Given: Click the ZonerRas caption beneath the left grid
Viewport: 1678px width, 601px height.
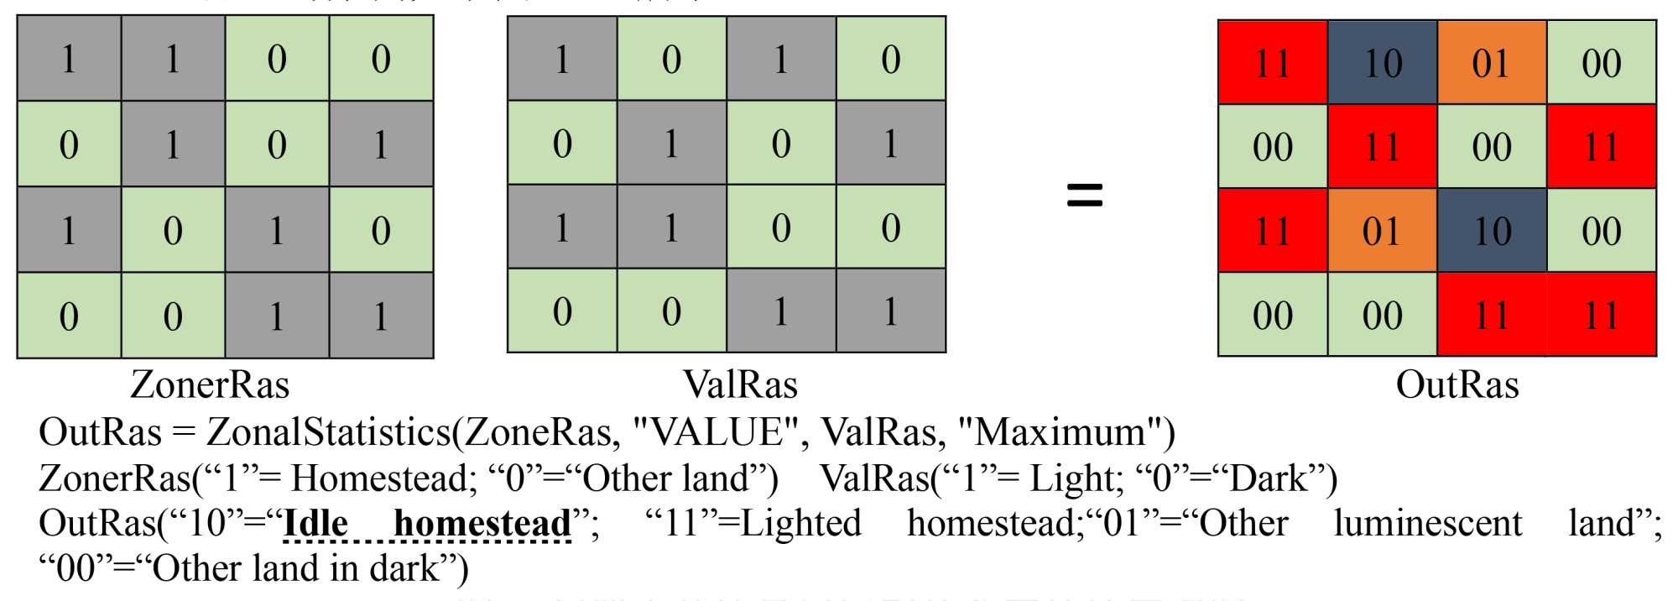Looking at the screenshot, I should pyautogui.click(x=210, y=384).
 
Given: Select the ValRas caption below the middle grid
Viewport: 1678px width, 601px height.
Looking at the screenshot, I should pyautogui.click(x=740, y=384).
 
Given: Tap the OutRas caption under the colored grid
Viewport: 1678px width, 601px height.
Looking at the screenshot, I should pyautogui.click(x=1457, y=384).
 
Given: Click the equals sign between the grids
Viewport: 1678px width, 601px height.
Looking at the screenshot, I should pyautogui.click(x=1084, y=195).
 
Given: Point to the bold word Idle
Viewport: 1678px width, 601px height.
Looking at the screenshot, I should pyautogui.click(x=315, y=524).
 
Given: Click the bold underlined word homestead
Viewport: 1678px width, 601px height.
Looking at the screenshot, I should pyautogui.click(x=482, y=524).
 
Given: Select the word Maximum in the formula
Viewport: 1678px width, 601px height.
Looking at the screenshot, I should pyautogui.click(x=1061, y=432).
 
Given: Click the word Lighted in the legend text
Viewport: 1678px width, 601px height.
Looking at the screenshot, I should pyautogui.click(x=800, y=524).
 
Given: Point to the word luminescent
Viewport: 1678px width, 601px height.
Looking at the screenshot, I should pyautogui.click(x=1427, y=524).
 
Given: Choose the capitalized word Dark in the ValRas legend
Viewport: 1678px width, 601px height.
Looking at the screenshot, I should pyautogui.click(x=1272, y=478).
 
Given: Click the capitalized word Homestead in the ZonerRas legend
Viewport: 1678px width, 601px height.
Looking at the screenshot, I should pyautogui.click(x=382, y=478).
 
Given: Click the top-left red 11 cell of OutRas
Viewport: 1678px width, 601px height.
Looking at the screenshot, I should pyautogui.click(x=1272, y=63).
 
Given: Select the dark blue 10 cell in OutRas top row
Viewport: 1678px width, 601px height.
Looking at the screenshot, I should pyautogui.click(x=1382, y=63).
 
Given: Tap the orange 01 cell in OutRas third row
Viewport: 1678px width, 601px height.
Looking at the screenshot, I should pyautogui.click(x=1382, y=231).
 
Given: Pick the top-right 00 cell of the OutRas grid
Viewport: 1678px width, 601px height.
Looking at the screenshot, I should pyautogui.click(x=1601, y=63).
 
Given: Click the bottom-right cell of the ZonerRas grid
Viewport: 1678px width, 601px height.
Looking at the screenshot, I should pyautogui.click(x=381, y=316).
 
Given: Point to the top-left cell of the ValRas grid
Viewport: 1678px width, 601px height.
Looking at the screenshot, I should pyautogui.click(x=562, y=59).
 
